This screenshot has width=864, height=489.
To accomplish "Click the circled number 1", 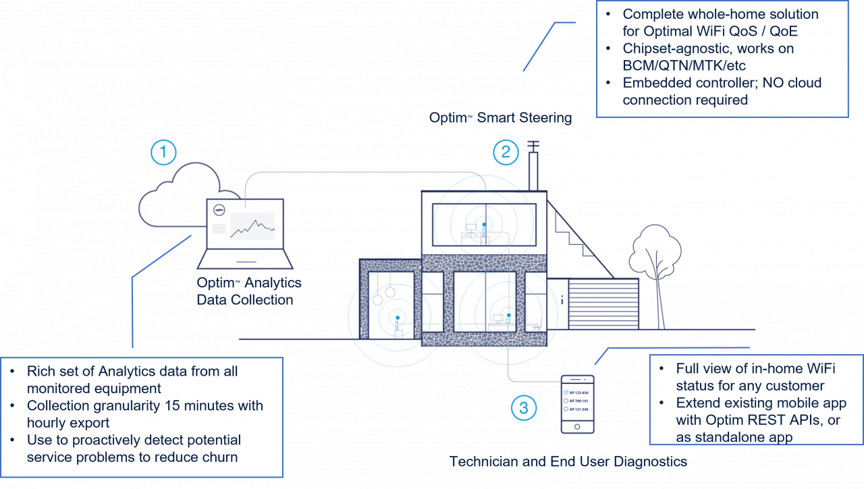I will tap(163, 152).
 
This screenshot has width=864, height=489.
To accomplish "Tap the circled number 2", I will tap(505, 152).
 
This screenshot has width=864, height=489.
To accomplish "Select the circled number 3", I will tap(524, 407).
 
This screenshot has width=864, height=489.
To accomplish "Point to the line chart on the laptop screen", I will tap(252, 226).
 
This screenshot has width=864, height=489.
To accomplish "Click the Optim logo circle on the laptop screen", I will tap(219, 210).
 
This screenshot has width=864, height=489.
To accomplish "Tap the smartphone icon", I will tap(577, 404).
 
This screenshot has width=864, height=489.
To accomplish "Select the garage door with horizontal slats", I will tap(603, 304).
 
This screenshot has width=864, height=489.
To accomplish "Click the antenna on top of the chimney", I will tap(531, 145).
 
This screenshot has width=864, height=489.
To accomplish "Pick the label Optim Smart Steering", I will tap(500, 118).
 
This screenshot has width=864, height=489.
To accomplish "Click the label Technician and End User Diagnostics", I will tap(568, 462).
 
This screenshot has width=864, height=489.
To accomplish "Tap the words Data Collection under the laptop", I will tap(244, 300).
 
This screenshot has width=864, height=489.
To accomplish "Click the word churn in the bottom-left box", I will tap(219, 457).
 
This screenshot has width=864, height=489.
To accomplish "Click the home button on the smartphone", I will tap(577, 426).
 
